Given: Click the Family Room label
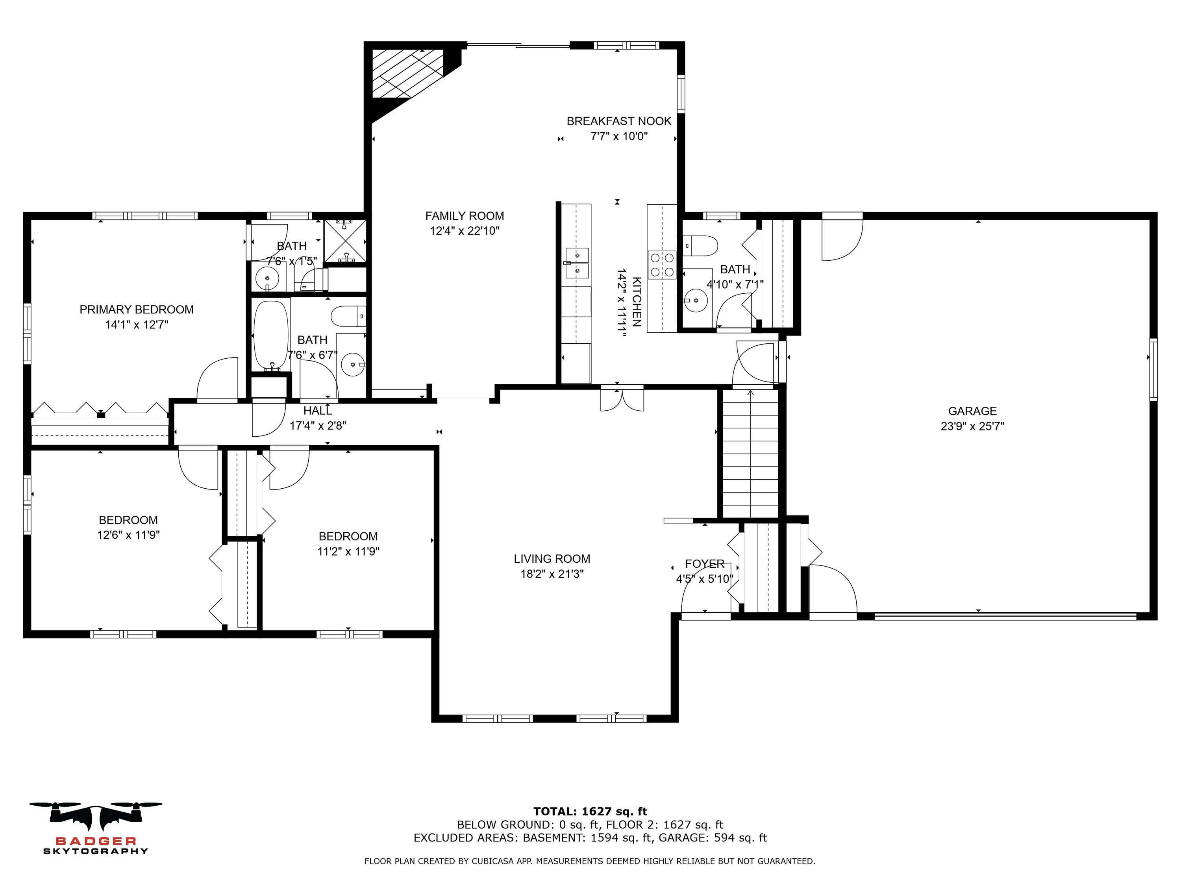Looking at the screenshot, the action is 465,216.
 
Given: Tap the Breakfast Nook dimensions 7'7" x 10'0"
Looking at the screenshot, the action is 619,137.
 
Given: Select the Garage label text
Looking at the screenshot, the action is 972,411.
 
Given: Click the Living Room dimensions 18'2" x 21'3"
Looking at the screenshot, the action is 552,574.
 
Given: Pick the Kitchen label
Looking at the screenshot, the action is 637,302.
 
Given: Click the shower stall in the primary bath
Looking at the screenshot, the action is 345,241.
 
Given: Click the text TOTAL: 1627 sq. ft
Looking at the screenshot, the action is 590,812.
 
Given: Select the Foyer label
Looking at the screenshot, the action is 705,564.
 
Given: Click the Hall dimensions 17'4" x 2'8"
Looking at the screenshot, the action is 318,426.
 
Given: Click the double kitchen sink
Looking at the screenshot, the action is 577,263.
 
